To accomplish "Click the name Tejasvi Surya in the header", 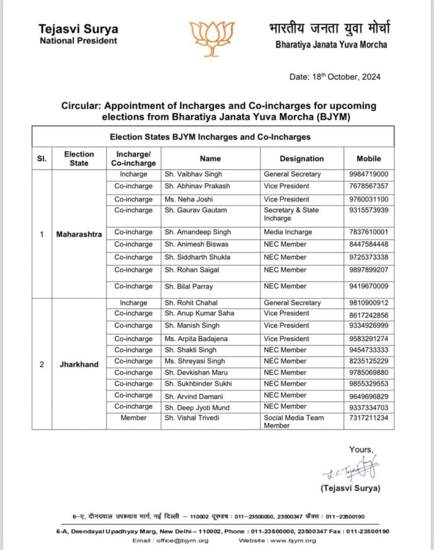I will coord(79,29).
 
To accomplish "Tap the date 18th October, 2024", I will coord(335,77).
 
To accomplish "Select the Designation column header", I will coord(302,158).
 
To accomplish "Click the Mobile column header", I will coord(368,158).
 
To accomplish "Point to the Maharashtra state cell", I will coord(79,234).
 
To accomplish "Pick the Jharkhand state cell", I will coord(79,364).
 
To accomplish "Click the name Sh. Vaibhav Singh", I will coord(193,174).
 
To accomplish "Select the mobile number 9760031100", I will coord(368,198).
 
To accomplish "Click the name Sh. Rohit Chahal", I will coord(191,303).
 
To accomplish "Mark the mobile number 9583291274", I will coord(368,339).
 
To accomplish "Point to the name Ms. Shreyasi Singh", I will coord(195,361).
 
